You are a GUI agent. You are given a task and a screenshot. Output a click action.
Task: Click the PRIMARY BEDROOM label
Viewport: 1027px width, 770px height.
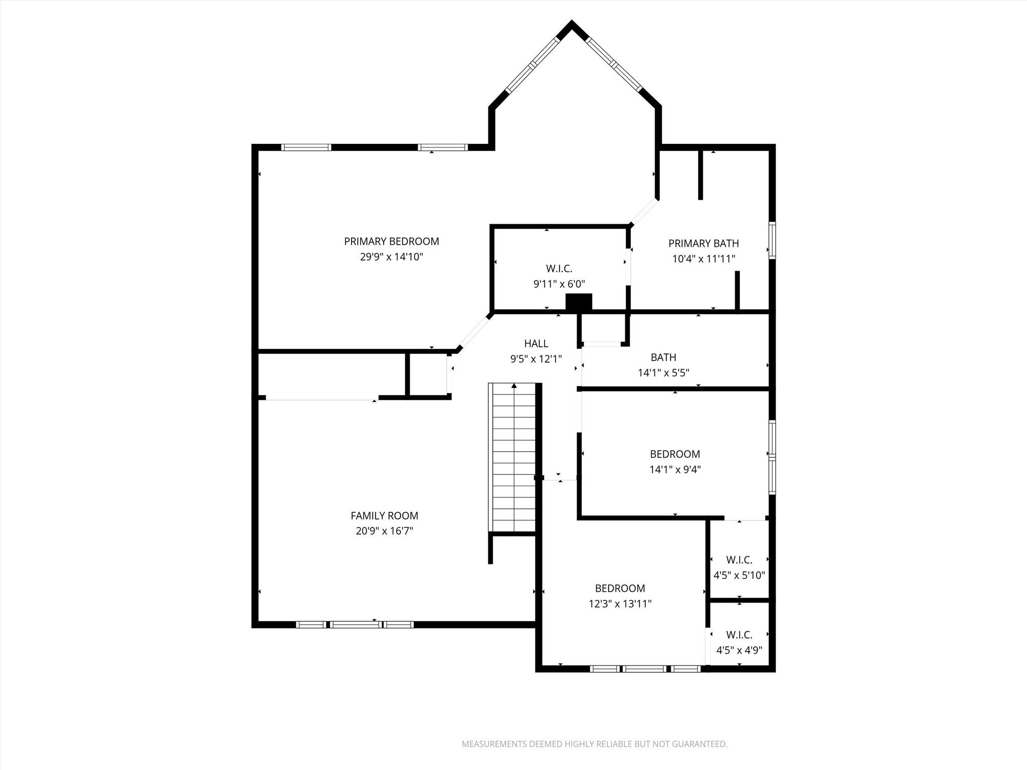pos(391,242)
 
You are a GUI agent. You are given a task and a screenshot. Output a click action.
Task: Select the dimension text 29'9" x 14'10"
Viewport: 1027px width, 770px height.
pos(391,257)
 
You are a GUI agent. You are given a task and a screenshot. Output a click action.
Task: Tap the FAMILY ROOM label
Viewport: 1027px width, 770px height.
pos(384,515)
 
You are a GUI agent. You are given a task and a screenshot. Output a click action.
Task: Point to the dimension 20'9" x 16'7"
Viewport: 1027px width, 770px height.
pos(384,531)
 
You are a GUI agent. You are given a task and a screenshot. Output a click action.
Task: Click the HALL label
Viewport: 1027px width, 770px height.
pos(536,343)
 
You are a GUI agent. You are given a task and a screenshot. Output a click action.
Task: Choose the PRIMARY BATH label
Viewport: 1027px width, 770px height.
pos(703,244)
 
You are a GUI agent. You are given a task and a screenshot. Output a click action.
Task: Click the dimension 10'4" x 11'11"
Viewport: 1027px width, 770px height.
pos(703,259)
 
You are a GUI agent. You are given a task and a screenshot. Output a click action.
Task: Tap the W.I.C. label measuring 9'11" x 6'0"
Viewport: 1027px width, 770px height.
pos(559,269)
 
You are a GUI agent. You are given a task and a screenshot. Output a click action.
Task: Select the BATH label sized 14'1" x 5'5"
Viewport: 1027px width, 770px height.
pos(663,357)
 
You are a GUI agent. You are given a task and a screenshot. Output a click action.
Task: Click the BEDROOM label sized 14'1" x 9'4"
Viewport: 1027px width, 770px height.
pos(674,454)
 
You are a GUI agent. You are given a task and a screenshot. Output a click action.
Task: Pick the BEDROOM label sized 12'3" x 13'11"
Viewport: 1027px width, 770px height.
pos(620,589)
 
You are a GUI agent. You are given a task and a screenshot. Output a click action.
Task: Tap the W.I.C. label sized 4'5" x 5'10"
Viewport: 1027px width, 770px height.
pos(739,560)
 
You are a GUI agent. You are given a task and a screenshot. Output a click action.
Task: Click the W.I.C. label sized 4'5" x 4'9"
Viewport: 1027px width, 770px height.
pos(739,635)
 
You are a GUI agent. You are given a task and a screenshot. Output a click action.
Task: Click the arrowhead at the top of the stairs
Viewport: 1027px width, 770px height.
pos(513,386)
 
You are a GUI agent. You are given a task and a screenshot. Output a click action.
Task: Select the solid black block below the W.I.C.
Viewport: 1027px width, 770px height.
pos(579,302)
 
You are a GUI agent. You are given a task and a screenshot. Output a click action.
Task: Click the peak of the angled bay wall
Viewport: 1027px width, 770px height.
pos(571,24)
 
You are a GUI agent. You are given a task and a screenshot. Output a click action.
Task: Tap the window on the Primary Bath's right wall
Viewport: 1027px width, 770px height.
pos(772,241)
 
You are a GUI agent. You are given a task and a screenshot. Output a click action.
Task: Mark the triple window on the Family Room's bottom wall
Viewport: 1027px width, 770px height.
pos(355,624)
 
